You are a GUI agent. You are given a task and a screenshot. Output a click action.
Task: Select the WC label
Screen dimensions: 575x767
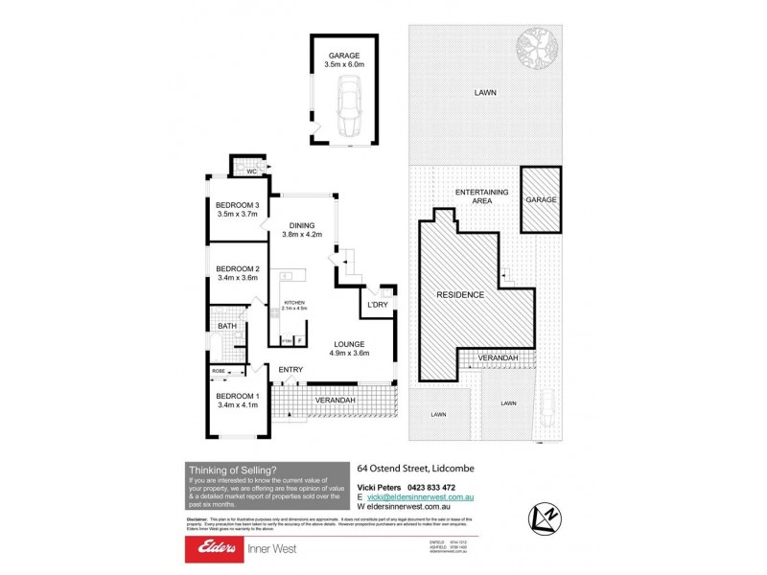point(251,172)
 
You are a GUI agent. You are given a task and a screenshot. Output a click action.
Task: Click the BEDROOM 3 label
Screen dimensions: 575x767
point(237,210)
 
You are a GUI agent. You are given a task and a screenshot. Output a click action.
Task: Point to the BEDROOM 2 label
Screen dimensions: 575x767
point(237,273)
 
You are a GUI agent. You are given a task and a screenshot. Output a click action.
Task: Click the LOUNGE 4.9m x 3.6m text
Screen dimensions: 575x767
point(351,349)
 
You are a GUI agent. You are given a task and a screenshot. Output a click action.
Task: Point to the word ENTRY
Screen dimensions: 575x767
point(291,369)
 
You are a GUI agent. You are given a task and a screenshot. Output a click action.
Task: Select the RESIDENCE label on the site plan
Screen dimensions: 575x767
point(459,293)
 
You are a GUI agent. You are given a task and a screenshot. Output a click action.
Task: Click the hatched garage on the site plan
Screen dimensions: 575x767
point(541,199)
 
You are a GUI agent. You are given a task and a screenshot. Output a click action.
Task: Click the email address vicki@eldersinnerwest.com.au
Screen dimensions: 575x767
point(421,497)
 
